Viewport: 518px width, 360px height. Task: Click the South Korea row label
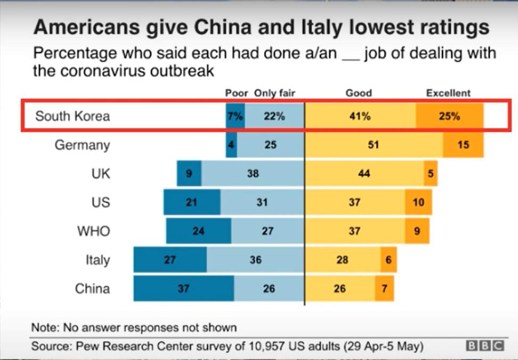click(x=72, y=116)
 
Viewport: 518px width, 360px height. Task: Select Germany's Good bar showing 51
click(x=374, y=145)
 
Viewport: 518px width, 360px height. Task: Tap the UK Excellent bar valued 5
click(x=431, y=174)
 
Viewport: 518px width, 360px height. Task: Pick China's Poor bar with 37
click(x=183, y=289)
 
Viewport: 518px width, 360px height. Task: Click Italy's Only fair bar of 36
click(x=255, y=260)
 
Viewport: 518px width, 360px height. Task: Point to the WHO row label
click(x=93, y=231)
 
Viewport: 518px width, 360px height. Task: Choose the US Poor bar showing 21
click(x=192, y=202)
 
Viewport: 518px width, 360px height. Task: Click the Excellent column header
click(x=448, y=93)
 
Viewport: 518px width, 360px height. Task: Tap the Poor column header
click(x=236, y=93)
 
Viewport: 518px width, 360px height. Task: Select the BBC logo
click(x=484, y=347)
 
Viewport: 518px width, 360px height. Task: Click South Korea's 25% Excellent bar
click(x=449, y=116)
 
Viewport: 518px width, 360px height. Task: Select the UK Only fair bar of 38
click(x=253, y=174)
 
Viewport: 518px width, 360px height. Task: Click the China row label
click(x=92, y=289)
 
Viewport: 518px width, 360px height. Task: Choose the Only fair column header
click(x=274, y=93)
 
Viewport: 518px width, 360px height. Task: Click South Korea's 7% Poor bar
click(x=235, y=116)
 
